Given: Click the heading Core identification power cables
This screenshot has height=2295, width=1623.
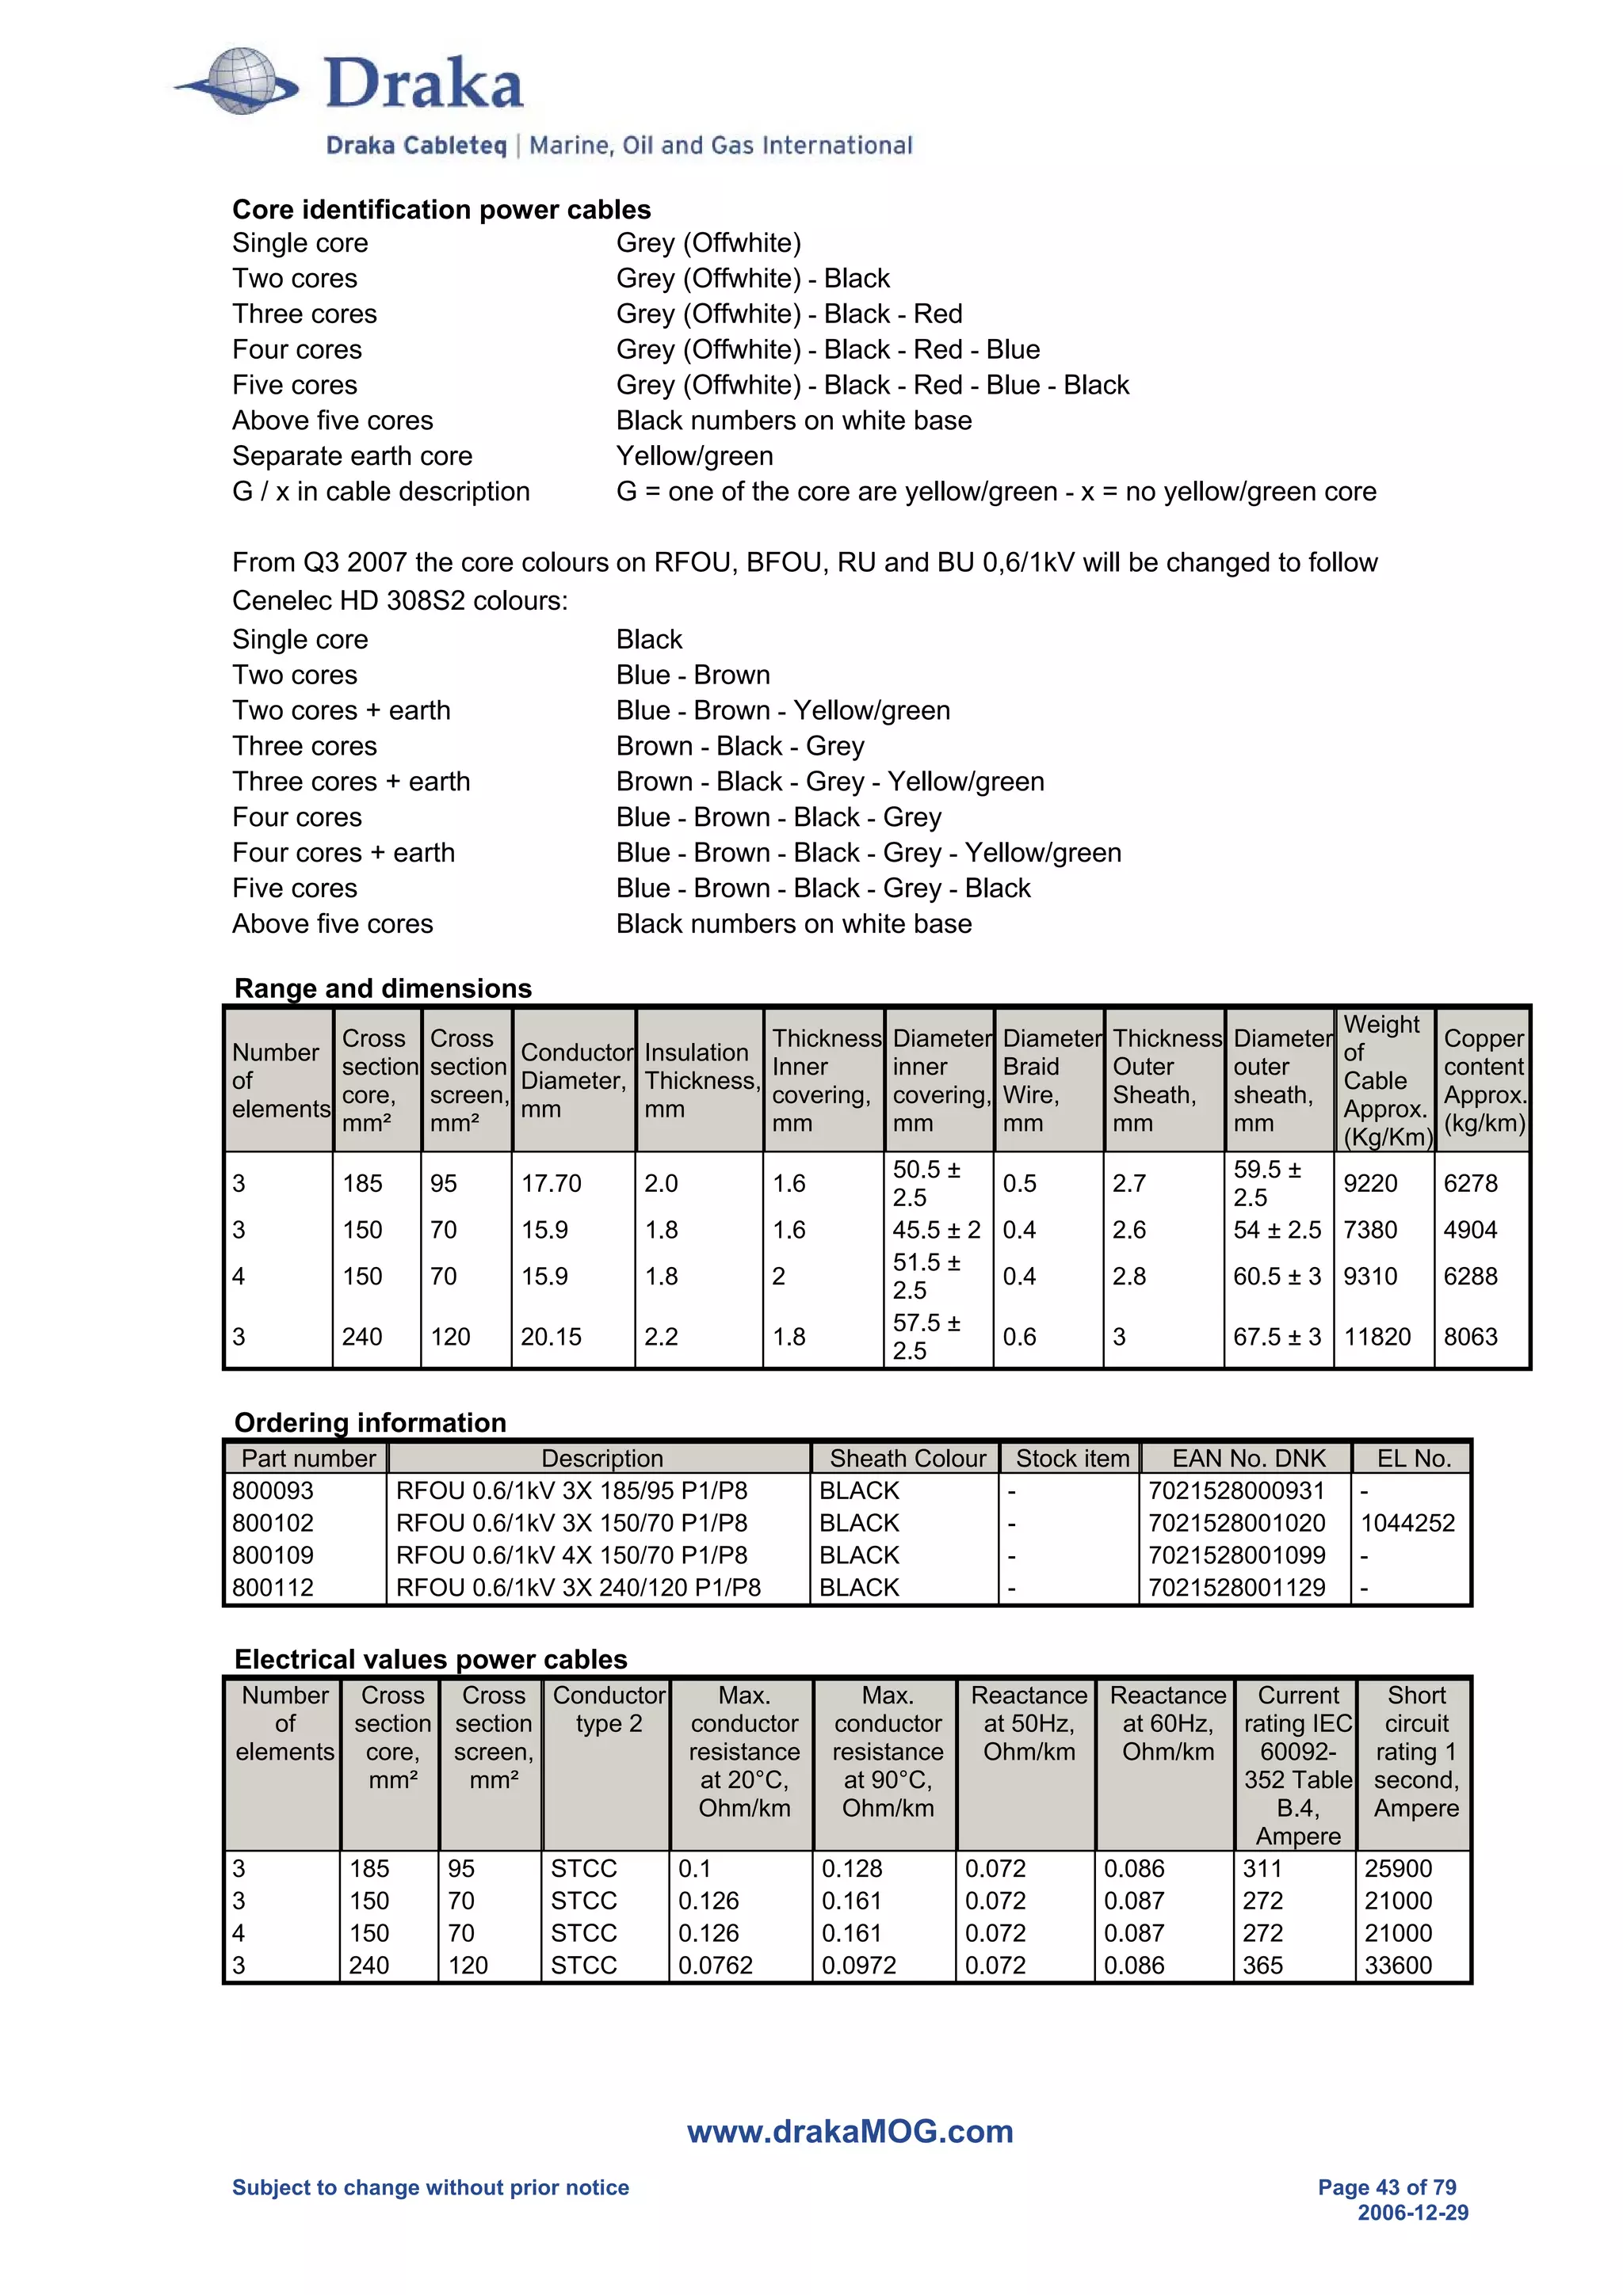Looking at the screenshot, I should click(x=441, y=209).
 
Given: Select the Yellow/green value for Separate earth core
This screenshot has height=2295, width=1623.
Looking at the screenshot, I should click(x=694, y=456).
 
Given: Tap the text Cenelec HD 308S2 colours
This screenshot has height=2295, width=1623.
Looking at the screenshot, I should click(x=399, y=601).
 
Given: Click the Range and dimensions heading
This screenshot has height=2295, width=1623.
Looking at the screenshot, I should click(x=383, y=988).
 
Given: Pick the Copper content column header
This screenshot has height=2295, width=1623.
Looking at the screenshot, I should click(x=1483, y=1079).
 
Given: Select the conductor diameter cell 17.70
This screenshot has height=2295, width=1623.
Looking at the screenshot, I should click(x=550, y=1183).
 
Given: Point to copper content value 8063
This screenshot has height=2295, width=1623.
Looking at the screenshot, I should click(x=1469, y=1337).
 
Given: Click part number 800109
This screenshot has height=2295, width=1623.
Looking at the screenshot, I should click(x=273, y=1555).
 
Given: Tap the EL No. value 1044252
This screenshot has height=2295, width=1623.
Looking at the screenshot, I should click(x=1407, y=1524).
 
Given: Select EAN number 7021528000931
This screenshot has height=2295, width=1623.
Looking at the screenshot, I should click(x=1236, y=1491).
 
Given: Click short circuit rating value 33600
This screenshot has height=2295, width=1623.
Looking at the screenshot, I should click(x=1397, y=1965).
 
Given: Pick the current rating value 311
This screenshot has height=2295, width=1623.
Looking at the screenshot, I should click(x=1262, y=1868).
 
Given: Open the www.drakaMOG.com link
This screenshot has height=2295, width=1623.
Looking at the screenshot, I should click(x=850, y=2131).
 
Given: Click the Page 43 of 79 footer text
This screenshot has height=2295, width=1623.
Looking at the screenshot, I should click(x=1386, y=2187).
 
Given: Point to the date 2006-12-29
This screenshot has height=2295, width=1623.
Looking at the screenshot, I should click(x=1412, y=2213).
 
